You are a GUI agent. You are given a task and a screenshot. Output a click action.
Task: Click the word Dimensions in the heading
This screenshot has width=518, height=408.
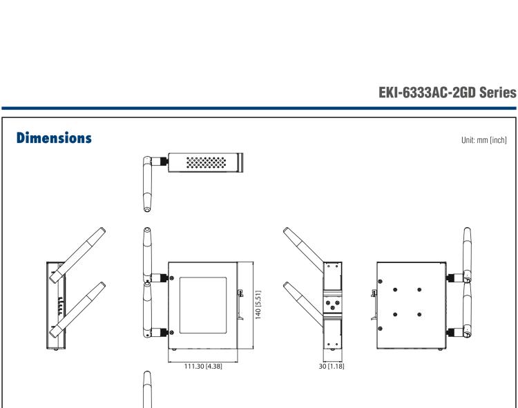click(52, 139)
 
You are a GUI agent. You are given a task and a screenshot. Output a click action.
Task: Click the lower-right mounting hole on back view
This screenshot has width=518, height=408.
click(419, 315)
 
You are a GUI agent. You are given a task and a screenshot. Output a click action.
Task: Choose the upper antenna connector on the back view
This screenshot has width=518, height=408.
click(454, 277)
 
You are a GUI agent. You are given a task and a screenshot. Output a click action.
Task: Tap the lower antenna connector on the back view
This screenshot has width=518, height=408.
click(454, 333)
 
